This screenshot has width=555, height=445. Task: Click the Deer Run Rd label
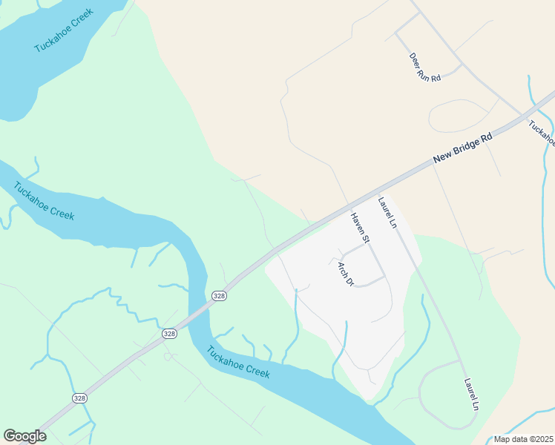pos(425,67)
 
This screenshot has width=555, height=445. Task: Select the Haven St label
pos(360,228)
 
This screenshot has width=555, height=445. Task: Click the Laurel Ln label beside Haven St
pos(387,211)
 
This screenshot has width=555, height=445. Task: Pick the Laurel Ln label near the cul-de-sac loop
pos(470,395)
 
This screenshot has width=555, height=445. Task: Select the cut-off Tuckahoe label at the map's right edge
pos(542,132)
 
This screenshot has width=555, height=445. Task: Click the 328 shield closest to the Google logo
pos(79,398)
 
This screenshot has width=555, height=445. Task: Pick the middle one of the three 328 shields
pos(170,334)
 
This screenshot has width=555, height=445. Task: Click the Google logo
pos(24,436)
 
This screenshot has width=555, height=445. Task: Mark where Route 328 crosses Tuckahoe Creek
pos(197,312)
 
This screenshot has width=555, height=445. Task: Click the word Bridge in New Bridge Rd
pos(466,146)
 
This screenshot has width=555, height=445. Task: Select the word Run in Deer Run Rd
pos(427,68)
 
